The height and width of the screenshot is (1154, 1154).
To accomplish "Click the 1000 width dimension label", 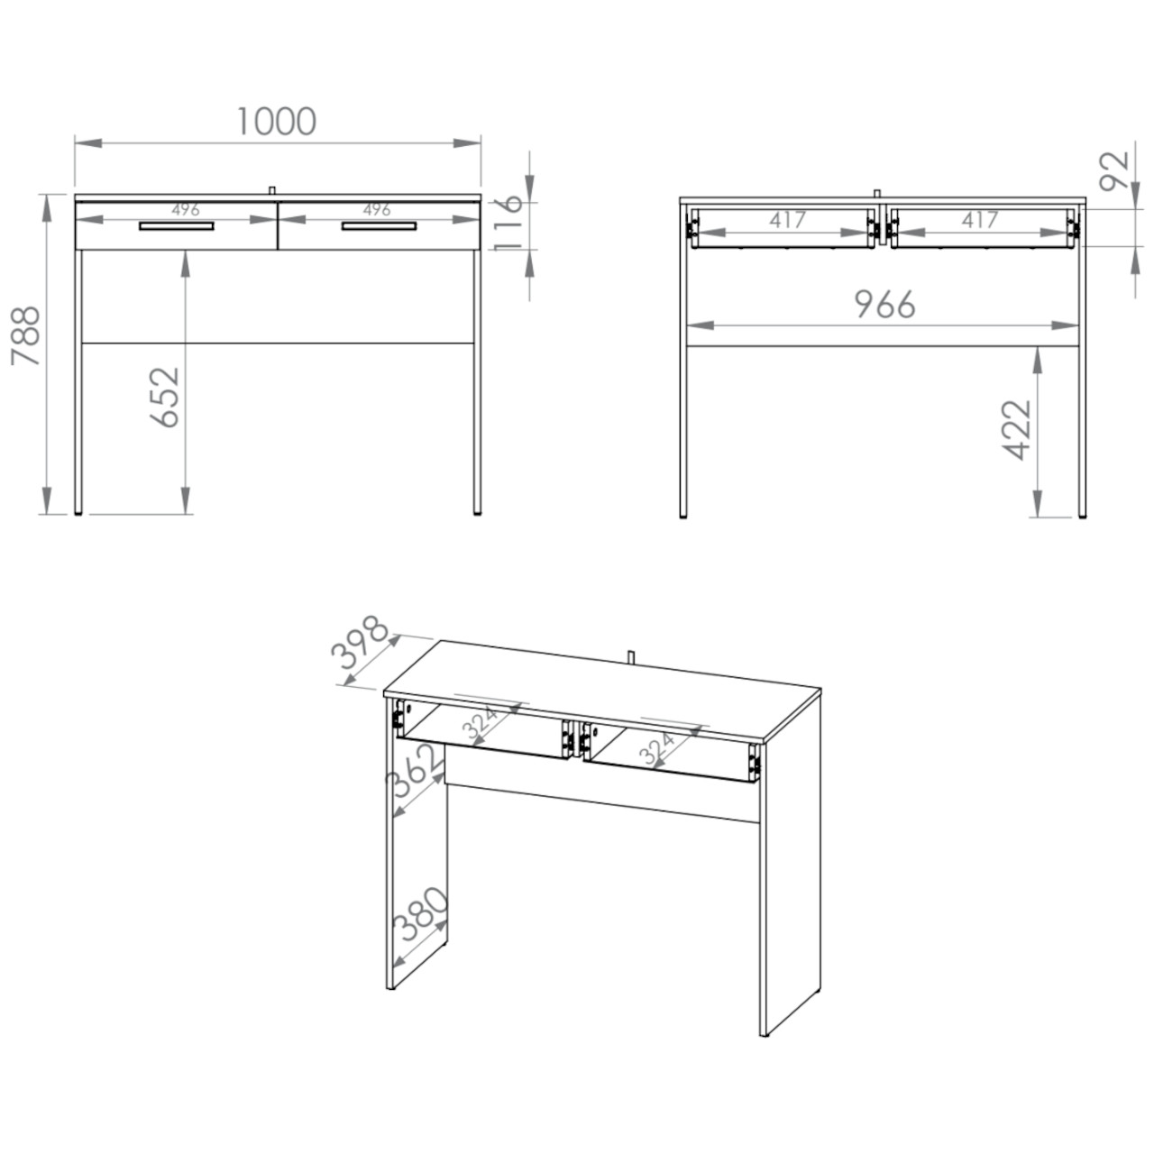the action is pos(276,121).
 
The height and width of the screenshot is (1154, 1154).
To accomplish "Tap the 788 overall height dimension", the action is pos(26,336).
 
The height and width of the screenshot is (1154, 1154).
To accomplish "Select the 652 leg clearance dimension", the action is pos(164,397).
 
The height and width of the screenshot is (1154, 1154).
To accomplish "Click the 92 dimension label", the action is pos(1114,171).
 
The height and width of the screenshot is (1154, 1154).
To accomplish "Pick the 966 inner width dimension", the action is pos(884,304).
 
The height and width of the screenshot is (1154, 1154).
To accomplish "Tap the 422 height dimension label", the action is pos(1017,429).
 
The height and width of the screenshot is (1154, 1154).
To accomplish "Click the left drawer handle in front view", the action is pos(177,225).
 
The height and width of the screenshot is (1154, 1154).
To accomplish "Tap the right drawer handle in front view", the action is pos(379,225).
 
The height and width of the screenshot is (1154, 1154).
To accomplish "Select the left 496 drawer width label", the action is pos(186,209).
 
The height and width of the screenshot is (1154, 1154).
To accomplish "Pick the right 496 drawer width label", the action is pos(377,209).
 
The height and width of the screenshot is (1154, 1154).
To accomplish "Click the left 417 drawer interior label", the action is pos(788,220).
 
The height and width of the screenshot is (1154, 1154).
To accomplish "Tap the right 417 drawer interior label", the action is pos(980,220).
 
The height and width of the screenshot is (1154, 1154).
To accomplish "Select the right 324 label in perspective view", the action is pos(657,748).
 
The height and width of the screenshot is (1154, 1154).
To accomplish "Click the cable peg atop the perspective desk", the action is pos(631,656).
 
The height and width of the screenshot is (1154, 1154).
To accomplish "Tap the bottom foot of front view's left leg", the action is pos(78,513).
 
